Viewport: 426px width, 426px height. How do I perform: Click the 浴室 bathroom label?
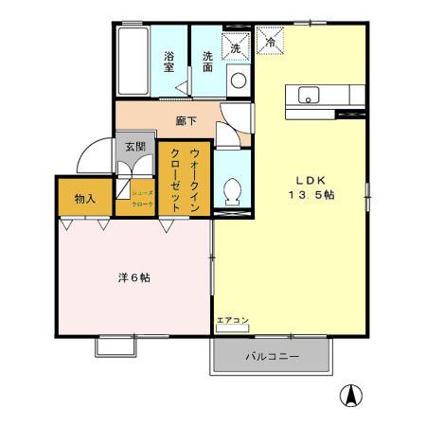point(169,62)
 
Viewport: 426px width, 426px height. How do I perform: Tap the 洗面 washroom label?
point(206,61)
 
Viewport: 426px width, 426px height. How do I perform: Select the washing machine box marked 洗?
point(235,44)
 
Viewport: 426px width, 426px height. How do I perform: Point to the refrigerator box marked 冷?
point(270,43)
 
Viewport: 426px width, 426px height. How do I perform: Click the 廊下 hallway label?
point(186,121)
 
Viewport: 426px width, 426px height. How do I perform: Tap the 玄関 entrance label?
point(134,147)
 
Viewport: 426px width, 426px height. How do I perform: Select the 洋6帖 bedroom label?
point(133,278)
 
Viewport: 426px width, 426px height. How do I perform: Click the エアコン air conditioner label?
point(232,321)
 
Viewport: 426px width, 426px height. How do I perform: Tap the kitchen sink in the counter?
point(309,94)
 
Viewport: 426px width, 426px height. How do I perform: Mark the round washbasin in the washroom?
point(237,80)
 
